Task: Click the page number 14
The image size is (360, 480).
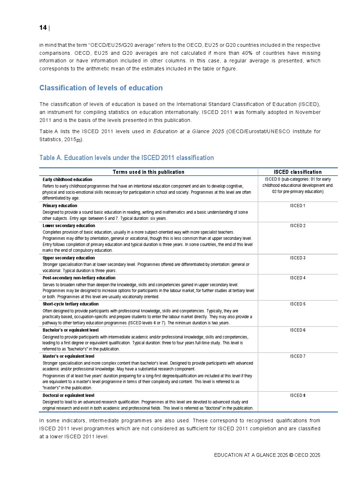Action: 43,28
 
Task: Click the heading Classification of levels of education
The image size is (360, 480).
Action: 101,88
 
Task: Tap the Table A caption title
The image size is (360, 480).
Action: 126,158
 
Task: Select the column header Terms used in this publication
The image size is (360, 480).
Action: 148,172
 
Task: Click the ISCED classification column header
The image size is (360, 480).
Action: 298,172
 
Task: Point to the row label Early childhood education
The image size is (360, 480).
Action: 67,180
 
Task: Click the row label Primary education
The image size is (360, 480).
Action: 60,206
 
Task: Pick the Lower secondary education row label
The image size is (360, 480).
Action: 69,226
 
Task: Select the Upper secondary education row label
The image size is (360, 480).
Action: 69,258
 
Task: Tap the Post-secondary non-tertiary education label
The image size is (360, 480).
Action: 79,278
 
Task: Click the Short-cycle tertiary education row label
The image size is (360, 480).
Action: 70,304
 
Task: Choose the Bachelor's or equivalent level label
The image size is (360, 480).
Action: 70,330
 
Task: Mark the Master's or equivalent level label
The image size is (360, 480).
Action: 68,356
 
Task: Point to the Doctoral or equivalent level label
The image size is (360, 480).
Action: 68,395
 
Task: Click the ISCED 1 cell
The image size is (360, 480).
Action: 298,206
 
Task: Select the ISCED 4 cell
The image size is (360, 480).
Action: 298,278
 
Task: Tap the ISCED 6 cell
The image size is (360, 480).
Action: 298,330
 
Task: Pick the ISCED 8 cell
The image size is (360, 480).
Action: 298,395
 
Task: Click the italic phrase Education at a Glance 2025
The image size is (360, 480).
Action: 188,131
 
